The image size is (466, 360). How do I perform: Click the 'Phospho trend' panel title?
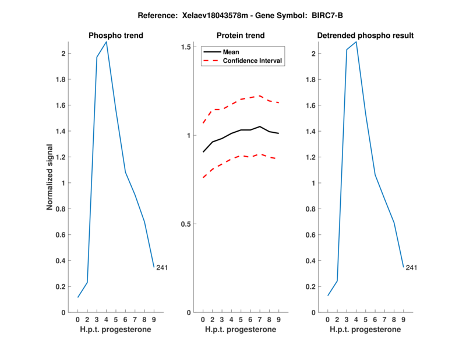(x=116, y=36)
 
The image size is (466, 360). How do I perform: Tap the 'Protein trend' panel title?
(x=240, y=36)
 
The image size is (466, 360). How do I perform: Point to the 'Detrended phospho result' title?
(x=365, y=36)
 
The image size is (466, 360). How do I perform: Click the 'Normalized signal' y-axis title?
(x=51, y=177)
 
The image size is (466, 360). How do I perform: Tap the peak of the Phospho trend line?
(x=106, y=42)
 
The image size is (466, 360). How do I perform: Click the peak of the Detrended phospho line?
(x=356, y=42)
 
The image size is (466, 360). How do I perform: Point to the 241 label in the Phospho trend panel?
(x=162, y=268)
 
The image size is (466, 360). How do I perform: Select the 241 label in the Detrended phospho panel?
(x=411, y=268)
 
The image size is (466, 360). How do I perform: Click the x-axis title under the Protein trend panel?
(x=241, y=330)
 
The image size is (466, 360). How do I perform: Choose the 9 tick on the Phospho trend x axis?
(x=154, y=319)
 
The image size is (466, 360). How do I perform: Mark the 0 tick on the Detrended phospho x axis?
(x=327, y=319)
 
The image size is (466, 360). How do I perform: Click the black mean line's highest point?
(x=260, y=126)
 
